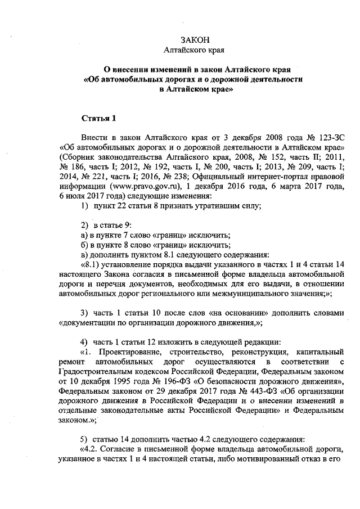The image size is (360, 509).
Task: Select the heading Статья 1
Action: [99, 119]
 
